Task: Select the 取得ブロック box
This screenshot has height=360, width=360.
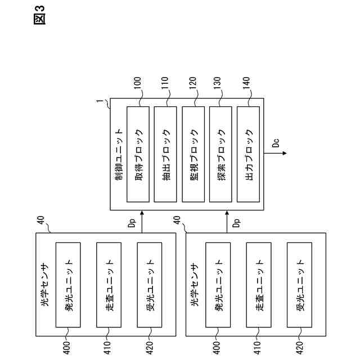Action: click(x=139, y=153)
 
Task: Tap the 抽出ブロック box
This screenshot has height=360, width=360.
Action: click(x=167, y=153)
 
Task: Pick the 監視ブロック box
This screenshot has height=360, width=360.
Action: click(x=195, y=153)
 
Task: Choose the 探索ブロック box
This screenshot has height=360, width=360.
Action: click(x=222, y=153)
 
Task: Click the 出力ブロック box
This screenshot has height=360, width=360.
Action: click(x=250, y=153)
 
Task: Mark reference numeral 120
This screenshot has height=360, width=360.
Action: click(x=194, y=89)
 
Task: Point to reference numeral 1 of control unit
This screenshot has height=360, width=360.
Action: click(x=99, y=102)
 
